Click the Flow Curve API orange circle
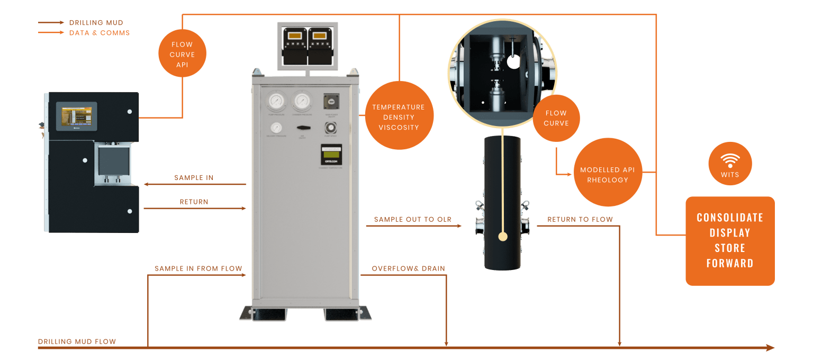pos(182,55)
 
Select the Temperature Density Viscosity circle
pos(399,117)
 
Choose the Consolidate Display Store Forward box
pos(730,241)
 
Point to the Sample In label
pos(194,177)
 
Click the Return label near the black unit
pos(194,202)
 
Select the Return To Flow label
pos(580,219)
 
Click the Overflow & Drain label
pos(408,268)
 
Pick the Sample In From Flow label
pos(198,268)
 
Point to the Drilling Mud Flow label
pos(77,341)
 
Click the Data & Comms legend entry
pos(99,33)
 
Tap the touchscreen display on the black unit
pos(77,116)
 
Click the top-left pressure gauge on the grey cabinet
pos(275,101)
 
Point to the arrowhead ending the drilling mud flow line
pos(770,348)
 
